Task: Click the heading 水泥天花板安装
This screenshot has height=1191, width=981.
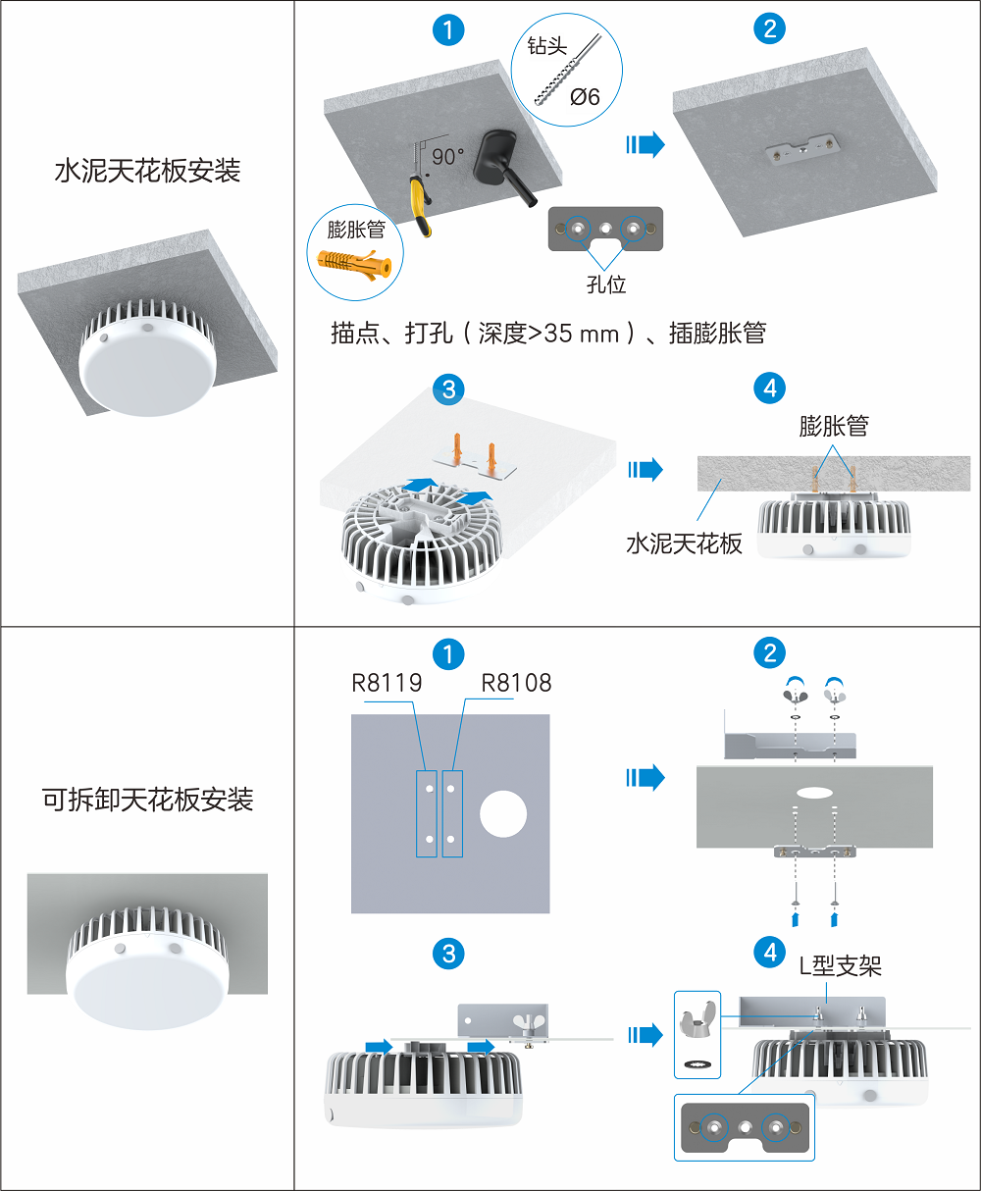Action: tap(147, 172)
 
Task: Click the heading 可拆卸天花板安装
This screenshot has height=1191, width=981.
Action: tap(147, 800)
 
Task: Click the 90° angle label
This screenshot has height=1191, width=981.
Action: tap(447, 156)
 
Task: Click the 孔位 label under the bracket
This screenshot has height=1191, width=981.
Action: tap(605, 285)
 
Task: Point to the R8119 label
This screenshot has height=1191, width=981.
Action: tap(387, 683)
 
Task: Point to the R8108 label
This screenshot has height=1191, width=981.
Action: tap(516, 683)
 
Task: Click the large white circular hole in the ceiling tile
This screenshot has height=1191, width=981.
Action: tap(503, 813)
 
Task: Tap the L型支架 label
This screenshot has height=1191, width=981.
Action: tap(840, 966)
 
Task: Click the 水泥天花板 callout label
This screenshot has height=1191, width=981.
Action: tap(684, 544)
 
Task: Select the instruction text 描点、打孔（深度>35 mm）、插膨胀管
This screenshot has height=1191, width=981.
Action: tap(548, 334)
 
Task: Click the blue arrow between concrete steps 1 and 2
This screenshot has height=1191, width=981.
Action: tap(645, 145)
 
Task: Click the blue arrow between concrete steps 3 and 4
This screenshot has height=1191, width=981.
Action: tap(645, 470)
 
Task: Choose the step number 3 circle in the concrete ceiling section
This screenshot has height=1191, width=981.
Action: tap(448, 389)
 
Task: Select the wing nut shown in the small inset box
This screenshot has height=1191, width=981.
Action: tap(697, 1022)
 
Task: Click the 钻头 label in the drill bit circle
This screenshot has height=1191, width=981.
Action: tap(546, 47)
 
